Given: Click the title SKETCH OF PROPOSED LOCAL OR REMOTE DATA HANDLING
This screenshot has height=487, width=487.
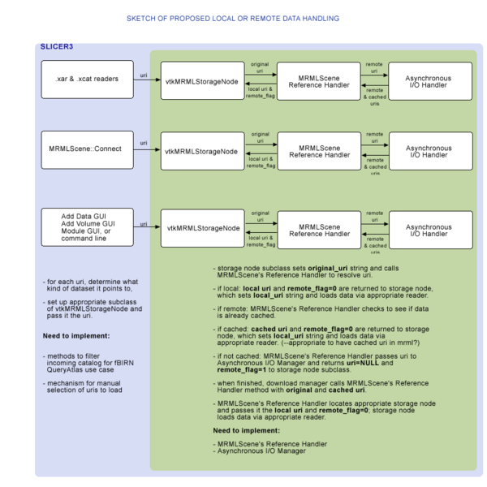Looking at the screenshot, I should click(233, 18).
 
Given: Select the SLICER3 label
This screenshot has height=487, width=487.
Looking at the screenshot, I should click(56, 46).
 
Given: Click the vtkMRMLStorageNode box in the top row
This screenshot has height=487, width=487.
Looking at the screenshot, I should click(201, 81).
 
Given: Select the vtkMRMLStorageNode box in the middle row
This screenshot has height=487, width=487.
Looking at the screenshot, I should click(201, 151).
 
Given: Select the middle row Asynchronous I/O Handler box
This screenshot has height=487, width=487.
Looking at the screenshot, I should click(429, 151).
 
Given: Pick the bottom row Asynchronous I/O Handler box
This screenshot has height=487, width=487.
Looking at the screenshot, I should click(429, 230).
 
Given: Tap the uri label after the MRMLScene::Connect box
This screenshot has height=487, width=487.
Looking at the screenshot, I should click(144, 143).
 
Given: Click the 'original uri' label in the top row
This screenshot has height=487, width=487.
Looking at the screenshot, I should click(260, 67).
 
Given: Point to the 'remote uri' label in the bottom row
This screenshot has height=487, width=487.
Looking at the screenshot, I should click(374, 218).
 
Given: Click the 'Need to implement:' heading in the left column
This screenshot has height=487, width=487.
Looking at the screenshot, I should click(75, 335).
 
